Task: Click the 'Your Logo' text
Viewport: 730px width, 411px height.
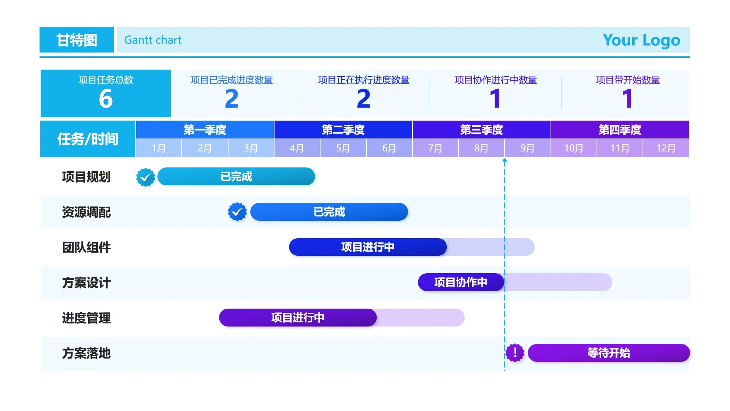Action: pyautogui.click(x=641, y=40)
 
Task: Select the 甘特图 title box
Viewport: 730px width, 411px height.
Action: pyautogui.click(x=77, y=40)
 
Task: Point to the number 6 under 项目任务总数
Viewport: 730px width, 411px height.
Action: pyautogui.click(x=106, y=99)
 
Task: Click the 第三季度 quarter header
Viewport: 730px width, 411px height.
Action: pyautogui.click(x=481, y=130)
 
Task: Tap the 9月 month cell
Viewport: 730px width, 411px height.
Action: pyautogui.click(x=527, y=148)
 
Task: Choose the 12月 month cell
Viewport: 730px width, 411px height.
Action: pyautogui.click(x=666, y=148)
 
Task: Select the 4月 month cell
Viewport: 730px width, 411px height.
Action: pyautogui.click(x=297, y=148)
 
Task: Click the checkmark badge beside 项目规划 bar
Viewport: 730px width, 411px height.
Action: pyautogui.click(x=146, y=177)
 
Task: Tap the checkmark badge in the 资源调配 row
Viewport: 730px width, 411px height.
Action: pyautogui.click(x=237, y=212)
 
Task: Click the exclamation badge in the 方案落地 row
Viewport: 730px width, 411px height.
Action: pyautogui.click(x=515, y=353)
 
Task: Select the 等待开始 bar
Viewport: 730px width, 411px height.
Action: pyautogui.click(x=608, y=353)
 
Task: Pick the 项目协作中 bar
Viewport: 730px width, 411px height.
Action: pyautogui.click(x=461, y=282)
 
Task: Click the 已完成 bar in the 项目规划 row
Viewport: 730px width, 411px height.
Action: pyautogui.click(x=236, y=177)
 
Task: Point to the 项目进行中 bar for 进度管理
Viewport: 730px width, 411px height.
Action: pyautogui.click(x=298, y=317)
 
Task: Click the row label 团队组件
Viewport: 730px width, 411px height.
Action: pyautogui.click(x=86, y=247)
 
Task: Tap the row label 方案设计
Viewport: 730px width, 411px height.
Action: pyautogui.click(x=86, y=283)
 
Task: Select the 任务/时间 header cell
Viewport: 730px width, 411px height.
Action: pyautogui.click(x=88, y=139)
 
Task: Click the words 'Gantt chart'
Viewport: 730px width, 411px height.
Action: pyautogui.click(x=153, y=40)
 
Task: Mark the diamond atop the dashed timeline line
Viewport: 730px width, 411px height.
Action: pyautogui.click(x=505, y=161)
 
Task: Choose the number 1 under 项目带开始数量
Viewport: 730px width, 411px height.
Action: pyautogui.click(x=627, y=99)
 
